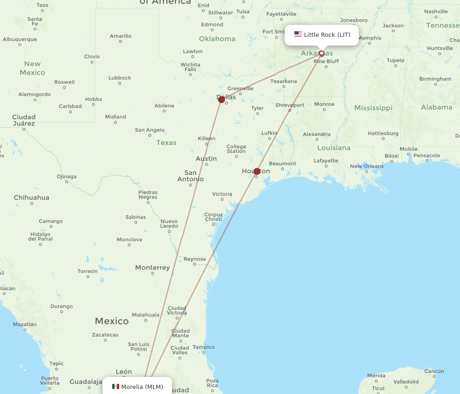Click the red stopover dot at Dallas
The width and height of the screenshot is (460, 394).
[x=221, y=99]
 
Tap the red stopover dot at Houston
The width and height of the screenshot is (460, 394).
[x=257, y=171]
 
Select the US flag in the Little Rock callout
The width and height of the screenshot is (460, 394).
[x=298, y=35]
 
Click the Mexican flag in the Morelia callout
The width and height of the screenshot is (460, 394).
[x=115, y=387]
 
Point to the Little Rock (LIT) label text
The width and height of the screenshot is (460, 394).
[x=327, y=35]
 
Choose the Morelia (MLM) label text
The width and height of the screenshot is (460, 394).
[x=142, y=387]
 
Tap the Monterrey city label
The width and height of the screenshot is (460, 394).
[x=152, y=267]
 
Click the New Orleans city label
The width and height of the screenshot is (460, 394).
[x=367, y=166]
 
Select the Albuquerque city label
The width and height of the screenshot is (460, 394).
[x=20, y=39]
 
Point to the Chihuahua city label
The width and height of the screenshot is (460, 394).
[x=31, y=197]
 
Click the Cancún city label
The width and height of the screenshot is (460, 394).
[x=434, y=371]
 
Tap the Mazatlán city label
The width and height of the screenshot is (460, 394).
[x=25, y=324]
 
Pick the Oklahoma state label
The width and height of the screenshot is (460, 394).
[x=217, y=39]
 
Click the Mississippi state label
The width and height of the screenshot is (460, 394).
[x=373, y=108]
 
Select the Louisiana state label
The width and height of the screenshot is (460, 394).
[x=334, y=148]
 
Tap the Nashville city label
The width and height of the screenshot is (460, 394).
[x=436, y=12]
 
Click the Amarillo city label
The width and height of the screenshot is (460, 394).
[x=121, y=36]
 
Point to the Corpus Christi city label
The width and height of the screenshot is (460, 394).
[x=213, y=217]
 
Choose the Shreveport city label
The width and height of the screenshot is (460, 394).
[x=290, y=105]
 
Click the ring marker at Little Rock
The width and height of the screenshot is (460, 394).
[x=322, y=53]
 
